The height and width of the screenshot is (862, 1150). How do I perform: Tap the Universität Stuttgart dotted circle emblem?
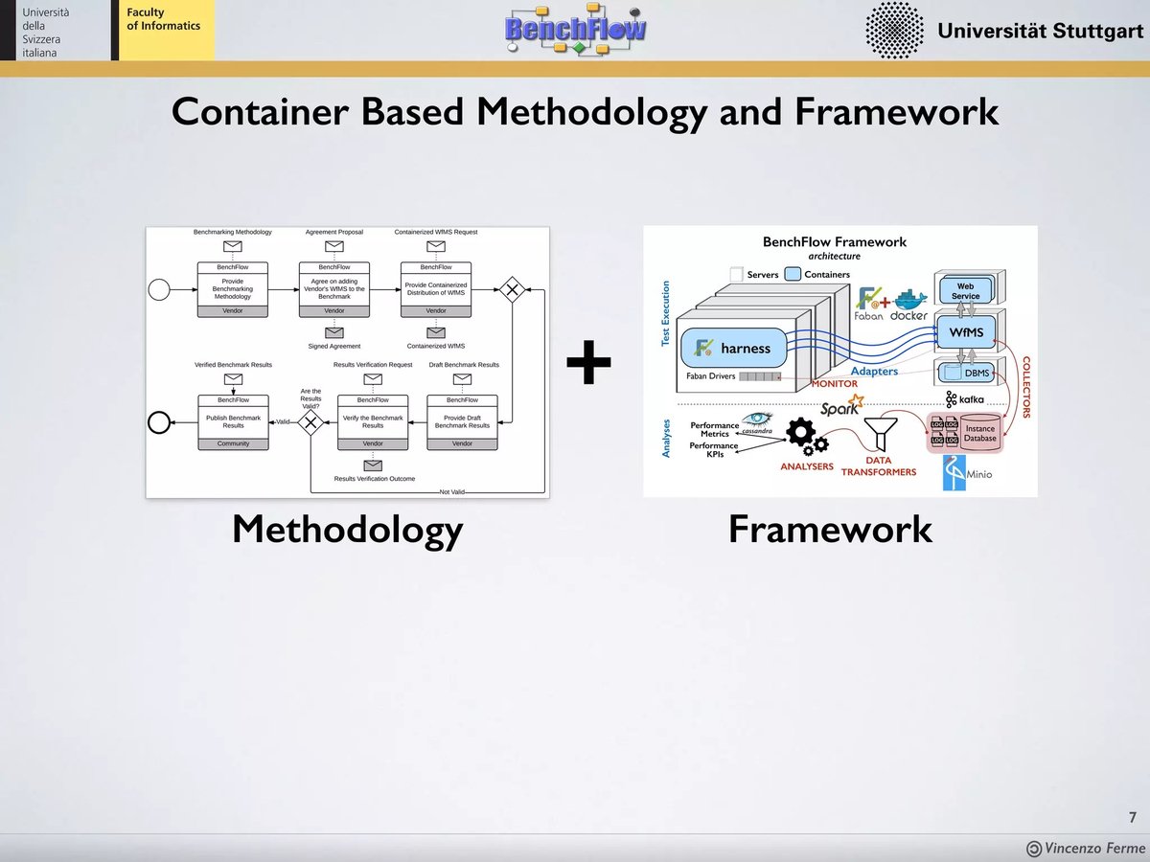point(894,30)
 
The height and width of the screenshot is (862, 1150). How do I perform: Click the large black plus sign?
point(588,364)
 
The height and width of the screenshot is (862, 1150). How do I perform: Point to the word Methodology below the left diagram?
point(347,529)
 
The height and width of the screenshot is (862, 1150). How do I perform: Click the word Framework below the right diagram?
point(830,529)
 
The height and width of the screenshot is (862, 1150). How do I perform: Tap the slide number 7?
point(1132,817)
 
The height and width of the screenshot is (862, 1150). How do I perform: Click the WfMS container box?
point(965,332)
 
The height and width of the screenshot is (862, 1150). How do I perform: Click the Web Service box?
point(965,291)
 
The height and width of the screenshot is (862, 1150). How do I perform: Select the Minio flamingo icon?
point(954,472)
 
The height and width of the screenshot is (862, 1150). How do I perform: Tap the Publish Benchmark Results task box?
point(233,421)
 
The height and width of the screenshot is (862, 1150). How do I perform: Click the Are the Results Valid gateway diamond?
point(310,422)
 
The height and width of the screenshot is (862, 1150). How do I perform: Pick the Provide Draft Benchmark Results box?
point(462,421)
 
